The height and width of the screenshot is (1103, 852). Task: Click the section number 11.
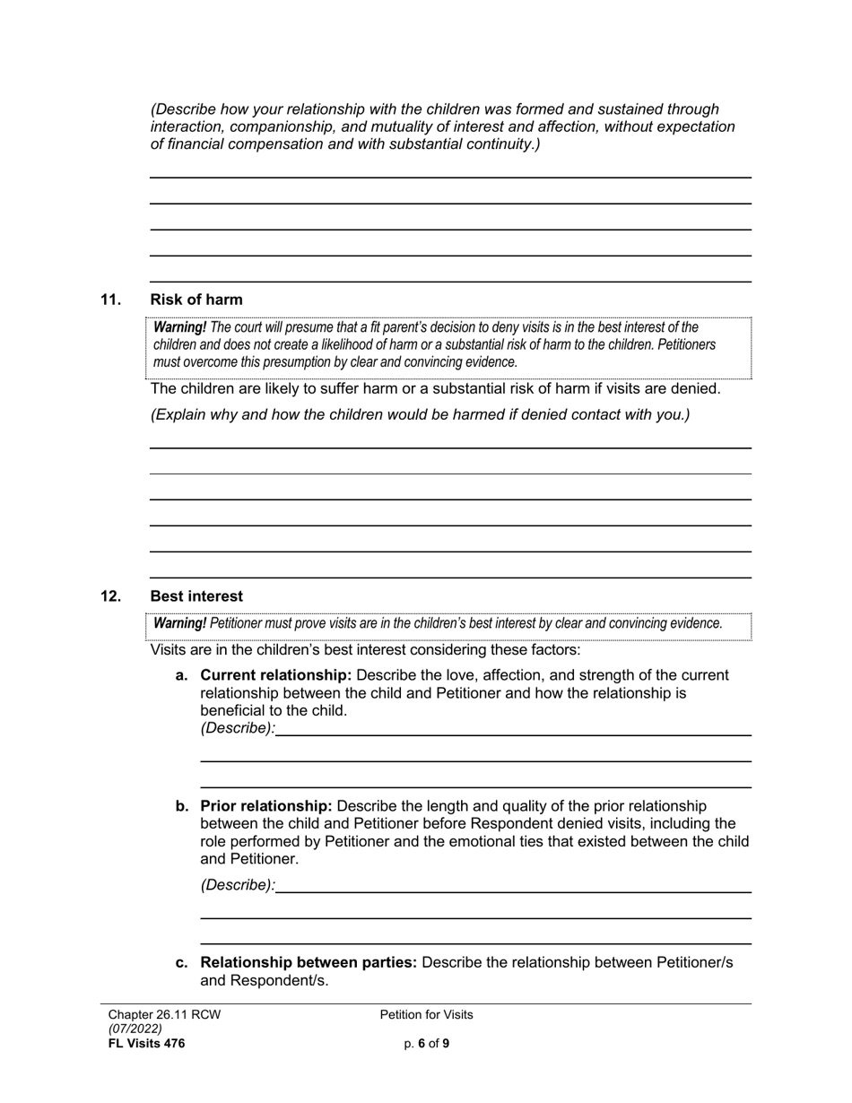(x=110, y=300)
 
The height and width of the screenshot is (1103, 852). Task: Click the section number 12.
(x=110, y=596)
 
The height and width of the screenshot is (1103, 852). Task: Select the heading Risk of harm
(x=196, y=300)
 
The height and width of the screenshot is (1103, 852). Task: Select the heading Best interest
(x=196, y=596)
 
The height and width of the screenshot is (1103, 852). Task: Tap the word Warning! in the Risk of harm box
(x=179, y=327)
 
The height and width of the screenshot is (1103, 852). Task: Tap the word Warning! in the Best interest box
(x=179, y=623)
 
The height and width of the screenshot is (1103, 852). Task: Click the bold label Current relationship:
(x=275, y=675)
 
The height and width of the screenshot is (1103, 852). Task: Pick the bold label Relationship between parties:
(x=309, y=962)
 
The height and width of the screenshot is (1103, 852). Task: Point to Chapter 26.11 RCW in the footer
(x=164, y=1015)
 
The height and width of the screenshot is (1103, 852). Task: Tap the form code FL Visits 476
(x=146, y=1043)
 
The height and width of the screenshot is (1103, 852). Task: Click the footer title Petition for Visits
(x=426, y=1015)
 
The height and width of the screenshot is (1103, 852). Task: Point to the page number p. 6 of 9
(x=426, y=1043)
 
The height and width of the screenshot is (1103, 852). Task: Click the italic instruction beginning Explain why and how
(x=420, y=414)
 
